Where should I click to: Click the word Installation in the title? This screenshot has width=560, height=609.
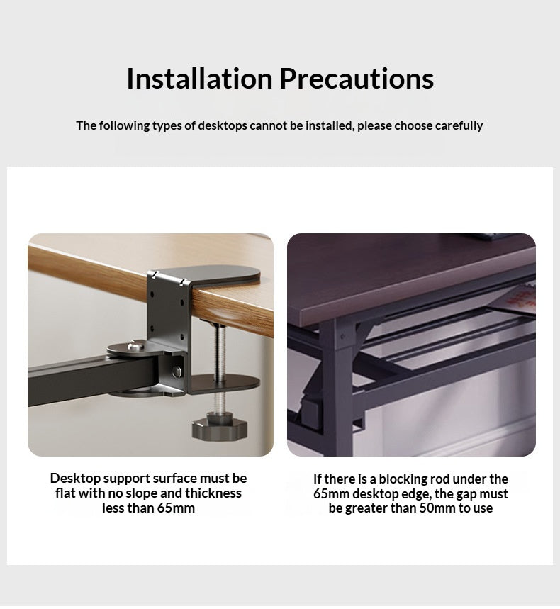click(x=200, y=79)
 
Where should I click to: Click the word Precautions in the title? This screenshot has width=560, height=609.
click(x=357, y=79)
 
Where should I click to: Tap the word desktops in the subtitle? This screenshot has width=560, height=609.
click(x=223, y=125)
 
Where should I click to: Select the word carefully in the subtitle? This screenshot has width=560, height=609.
click(x=459, y=125)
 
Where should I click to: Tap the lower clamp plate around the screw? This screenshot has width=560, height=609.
click(x=225, y=383)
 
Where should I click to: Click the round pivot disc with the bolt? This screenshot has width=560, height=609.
click(x=131, y=347)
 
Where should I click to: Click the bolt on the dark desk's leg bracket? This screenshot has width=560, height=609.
click(x=342, y=336)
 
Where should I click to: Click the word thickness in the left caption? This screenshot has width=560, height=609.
click(x=213, y=493)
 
